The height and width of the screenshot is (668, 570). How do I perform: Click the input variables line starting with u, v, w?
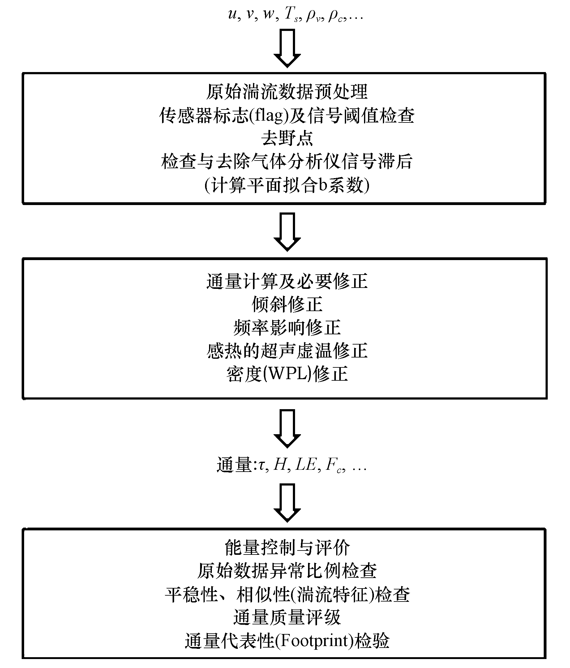295,15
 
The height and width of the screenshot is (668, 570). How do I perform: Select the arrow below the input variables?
287,48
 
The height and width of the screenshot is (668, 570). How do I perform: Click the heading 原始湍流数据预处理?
287,92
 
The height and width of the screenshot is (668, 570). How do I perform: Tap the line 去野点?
287,139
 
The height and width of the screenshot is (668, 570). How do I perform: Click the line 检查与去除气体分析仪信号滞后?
287,162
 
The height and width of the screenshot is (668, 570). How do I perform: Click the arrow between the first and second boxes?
287,232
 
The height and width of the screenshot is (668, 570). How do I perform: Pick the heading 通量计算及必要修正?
287,281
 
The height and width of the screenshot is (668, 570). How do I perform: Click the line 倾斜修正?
287,304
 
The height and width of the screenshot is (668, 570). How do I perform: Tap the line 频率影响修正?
287,328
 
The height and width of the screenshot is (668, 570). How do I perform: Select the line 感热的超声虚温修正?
287,351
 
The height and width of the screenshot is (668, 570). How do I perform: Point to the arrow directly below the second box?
287,429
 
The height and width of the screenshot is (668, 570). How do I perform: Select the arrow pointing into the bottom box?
287,503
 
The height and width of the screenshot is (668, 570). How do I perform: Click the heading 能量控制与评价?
287,548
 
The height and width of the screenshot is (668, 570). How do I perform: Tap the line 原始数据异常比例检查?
287,571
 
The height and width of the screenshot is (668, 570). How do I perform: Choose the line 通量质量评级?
287,617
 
